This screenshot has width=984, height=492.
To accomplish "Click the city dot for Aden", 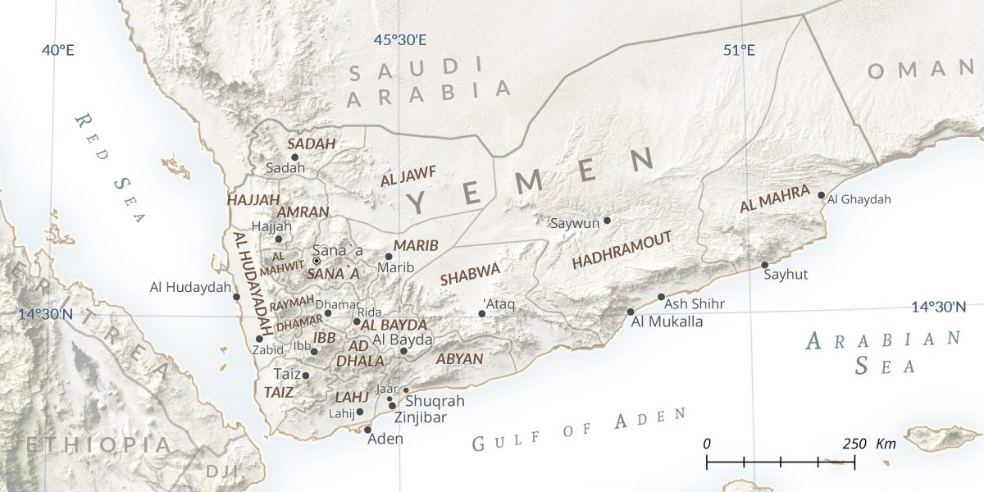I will point(367,430).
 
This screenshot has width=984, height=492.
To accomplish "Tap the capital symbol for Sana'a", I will point(317,261).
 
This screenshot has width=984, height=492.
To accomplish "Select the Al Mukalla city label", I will point(667,321).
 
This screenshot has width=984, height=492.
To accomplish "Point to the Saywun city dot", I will point(607,220).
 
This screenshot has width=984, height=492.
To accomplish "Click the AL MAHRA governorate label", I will point(775,199).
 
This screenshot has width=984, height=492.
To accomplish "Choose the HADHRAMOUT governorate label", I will point(622,250).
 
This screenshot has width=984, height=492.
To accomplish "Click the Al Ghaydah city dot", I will point(821,195).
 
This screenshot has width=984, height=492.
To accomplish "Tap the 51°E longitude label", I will point(739,50).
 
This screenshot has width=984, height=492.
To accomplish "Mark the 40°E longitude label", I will point(58,50).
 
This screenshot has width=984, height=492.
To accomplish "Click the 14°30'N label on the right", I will point(938,307).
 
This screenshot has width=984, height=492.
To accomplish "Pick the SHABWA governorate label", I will point(470,275).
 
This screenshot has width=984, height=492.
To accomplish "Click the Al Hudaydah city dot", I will point(236,297).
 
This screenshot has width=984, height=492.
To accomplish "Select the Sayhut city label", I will point(786,275).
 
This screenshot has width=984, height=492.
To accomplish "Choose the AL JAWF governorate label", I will point(408,175).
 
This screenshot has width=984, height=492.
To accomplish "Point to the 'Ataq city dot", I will point(482,313).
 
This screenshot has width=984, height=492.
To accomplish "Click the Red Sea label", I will point(111,168).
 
